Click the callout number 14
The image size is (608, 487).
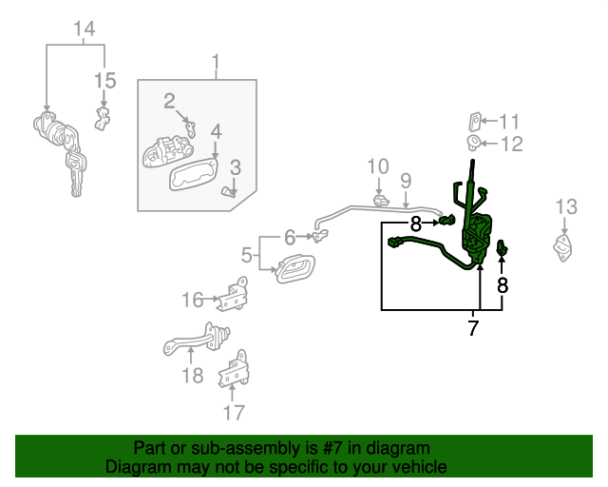click(x=85, y=29)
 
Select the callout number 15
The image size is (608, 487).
click(x=104, y=81)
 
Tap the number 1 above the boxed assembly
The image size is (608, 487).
click(x=216, y=65)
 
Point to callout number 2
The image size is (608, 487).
click(x=169, y=101)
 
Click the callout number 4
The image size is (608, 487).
click(x=216, y=131)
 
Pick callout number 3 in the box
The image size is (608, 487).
click(x=235, y=167)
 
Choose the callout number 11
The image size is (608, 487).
click(x=510, y=121)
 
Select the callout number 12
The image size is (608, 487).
click(x=511, y=145)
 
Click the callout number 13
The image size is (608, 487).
click(x=566, y=206)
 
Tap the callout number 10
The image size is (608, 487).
click(x=378, y=166)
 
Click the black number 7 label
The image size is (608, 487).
click(x=472, y=329)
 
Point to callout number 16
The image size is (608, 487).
click(x=193, y=301)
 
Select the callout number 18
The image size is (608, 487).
click(x=192, y=375)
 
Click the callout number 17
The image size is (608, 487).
click(x=234, y=412)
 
